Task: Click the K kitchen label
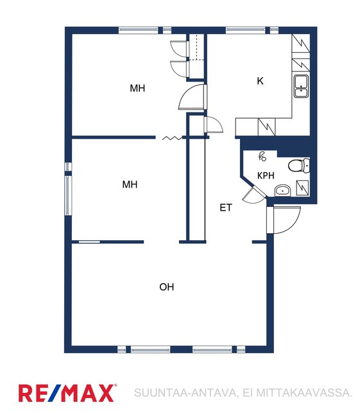tap(260, 81)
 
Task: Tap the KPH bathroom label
tap(266, 175)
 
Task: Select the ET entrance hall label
tap(226, 207)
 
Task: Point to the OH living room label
tap(167, 287)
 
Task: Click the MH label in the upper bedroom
tap(137, 88)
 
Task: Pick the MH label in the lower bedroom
tap(130, 184)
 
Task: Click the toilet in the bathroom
tap(299, 166)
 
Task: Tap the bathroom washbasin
tap(283, 190)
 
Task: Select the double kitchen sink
tap(301, 86)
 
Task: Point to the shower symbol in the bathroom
tap(262, 157)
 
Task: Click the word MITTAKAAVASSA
tap(304, 392)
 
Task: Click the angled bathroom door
tap(253, 194)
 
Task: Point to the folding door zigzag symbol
tap(172, 138)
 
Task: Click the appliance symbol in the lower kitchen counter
tap(267, 127)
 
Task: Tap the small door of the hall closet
tap(214, 124)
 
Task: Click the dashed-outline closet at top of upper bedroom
tap(196, 47)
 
